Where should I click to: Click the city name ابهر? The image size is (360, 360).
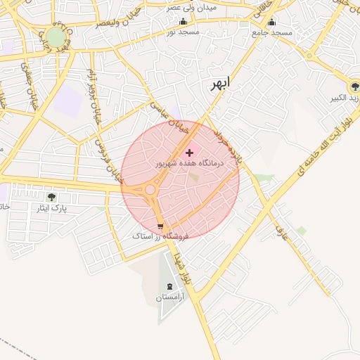[x=219, y=84]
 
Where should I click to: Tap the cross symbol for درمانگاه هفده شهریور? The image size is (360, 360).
[x=189, y=152]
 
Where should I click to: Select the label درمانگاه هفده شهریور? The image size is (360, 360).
[x=188, y=162]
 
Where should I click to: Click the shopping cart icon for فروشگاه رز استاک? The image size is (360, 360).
[x=161, y=226]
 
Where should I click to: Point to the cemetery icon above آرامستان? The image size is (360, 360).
[x=169, y=287]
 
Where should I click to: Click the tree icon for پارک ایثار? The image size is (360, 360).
[x=51, y=197]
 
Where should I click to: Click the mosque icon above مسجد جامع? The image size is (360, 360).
[x=272, y=22]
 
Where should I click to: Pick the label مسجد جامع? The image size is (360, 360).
[x=272, y=33]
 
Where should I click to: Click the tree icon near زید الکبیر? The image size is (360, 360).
[x=354, y=86]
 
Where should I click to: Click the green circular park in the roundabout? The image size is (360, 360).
[x=56, y=37]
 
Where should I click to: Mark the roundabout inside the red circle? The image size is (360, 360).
[x=150, y=189]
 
